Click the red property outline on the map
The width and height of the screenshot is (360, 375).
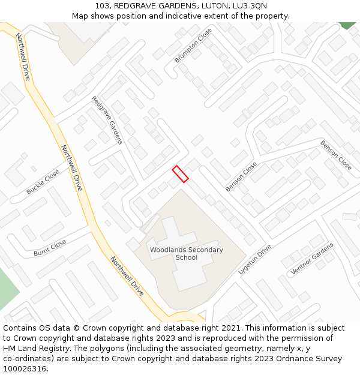[x=181, y=173]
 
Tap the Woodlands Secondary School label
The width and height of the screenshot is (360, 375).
[x=186, y=254]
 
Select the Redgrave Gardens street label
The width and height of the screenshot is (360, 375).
[x=107, y=120]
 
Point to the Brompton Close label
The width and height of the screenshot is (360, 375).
[x=193, y=46]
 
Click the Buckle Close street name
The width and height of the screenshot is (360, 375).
[x=43, y=182]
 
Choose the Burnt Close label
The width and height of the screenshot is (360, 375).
[x=50, y=248]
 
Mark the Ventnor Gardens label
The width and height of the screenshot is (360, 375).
[x=311, y=260]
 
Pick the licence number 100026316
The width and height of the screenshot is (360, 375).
[x=23, y=369]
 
